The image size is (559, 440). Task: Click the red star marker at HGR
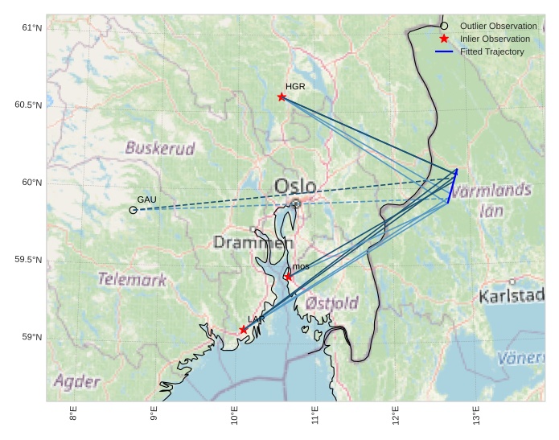(282, 97)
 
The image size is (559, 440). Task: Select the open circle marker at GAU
(134, 209)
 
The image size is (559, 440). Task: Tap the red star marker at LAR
(244, 329)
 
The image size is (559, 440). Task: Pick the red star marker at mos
(289, 277)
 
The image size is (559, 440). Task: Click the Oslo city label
(295, 187)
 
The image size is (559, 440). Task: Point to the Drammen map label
(253, 242)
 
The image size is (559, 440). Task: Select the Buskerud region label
(160, 148)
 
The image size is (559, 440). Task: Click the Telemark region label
(132, 280)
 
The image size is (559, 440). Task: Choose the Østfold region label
(332, 303)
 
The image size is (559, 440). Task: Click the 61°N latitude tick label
(31, 28)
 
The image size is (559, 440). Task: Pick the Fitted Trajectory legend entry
(491, 51)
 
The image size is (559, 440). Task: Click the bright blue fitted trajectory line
(452, 187)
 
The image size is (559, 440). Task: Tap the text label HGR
(295, 85)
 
